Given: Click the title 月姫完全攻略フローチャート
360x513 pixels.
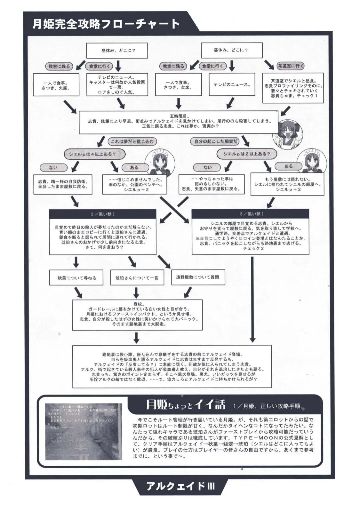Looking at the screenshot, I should click(106, 24).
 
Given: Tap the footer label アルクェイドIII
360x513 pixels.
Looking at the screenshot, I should click(180, 486).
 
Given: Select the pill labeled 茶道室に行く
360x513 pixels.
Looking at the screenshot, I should click(291, 66).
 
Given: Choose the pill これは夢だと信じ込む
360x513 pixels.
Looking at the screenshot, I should click(132, 141).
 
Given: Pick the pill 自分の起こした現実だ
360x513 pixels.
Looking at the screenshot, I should click(216, 141).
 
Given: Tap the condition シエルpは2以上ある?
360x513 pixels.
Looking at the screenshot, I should click(247, 154).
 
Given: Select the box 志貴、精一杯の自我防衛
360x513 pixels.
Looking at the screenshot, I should click(63, 184).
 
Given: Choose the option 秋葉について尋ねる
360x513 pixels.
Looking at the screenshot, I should click(77, 278).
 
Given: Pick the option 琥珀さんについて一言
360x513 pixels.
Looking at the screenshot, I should click(137, 278).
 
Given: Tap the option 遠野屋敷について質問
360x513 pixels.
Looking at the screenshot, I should click(198, 277).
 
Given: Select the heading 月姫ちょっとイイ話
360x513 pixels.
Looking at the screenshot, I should click(185, 405).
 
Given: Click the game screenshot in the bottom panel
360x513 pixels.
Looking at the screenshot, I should click(83, 431).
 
